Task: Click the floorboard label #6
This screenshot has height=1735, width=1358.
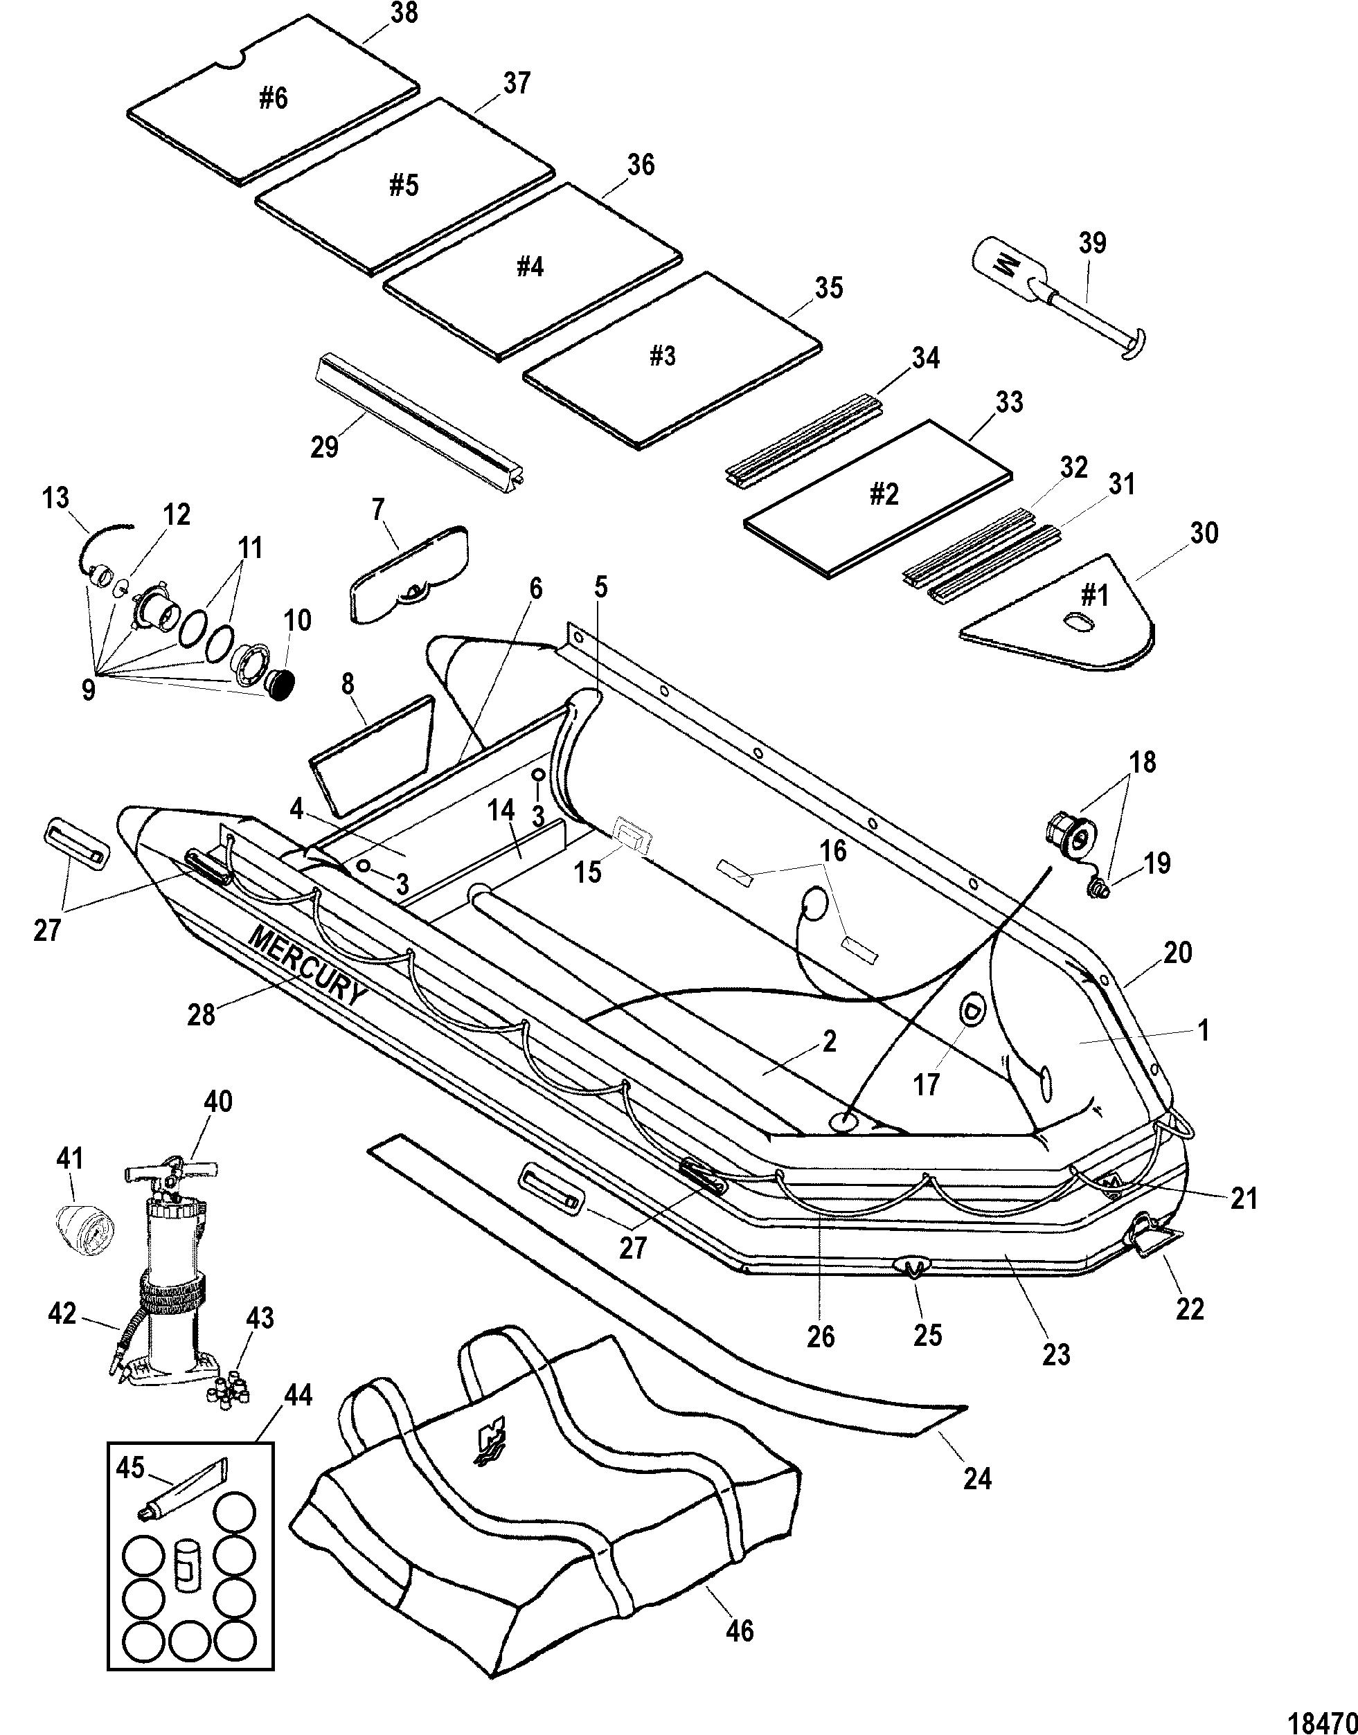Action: (273, 98)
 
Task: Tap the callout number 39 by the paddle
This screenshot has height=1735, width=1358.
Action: (1093, 242)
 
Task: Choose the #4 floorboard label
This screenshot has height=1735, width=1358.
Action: (530, 267)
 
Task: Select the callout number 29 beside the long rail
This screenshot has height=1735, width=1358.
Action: (324, 447)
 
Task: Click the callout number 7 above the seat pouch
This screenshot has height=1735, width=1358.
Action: (377, 505)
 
